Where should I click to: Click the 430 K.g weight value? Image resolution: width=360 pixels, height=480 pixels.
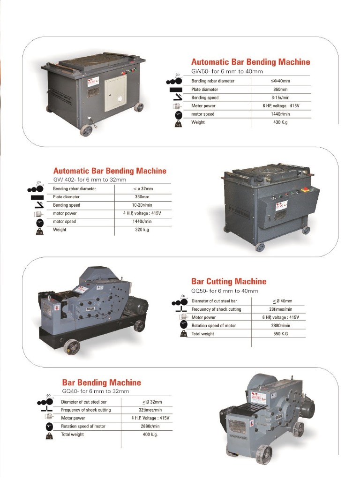click(280, 122)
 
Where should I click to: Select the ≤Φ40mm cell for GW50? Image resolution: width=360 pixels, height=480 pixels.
click(280, 81)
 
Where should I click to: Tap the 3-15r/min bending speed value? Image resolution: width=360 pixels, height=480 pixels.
click(280, 97)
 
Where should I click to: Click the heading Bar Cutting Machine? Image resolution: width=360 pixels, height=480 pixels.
click(229, 281)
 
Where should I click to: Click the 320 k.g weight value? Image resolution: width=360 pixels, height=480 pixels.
click(142, 230)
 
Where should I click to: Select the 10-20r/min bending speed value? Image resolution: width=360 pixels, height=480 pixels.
click(142, 205)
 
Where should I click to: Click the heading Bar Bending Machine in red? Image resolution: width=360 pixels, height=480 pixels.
click(101, 382)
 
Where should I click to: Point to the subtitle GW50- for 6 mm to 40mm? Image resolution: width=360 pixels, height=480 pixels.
click(227, 71)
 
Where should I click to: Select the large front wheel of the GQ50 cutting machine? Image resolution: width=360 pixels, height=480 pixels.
click(72, 347)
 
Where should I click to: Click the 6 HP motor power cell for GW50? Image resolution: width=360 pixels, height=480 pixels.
click(280, 106)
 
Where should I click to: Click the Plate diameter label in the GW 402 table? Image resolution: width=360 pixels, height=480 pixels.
click(67, 197)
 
